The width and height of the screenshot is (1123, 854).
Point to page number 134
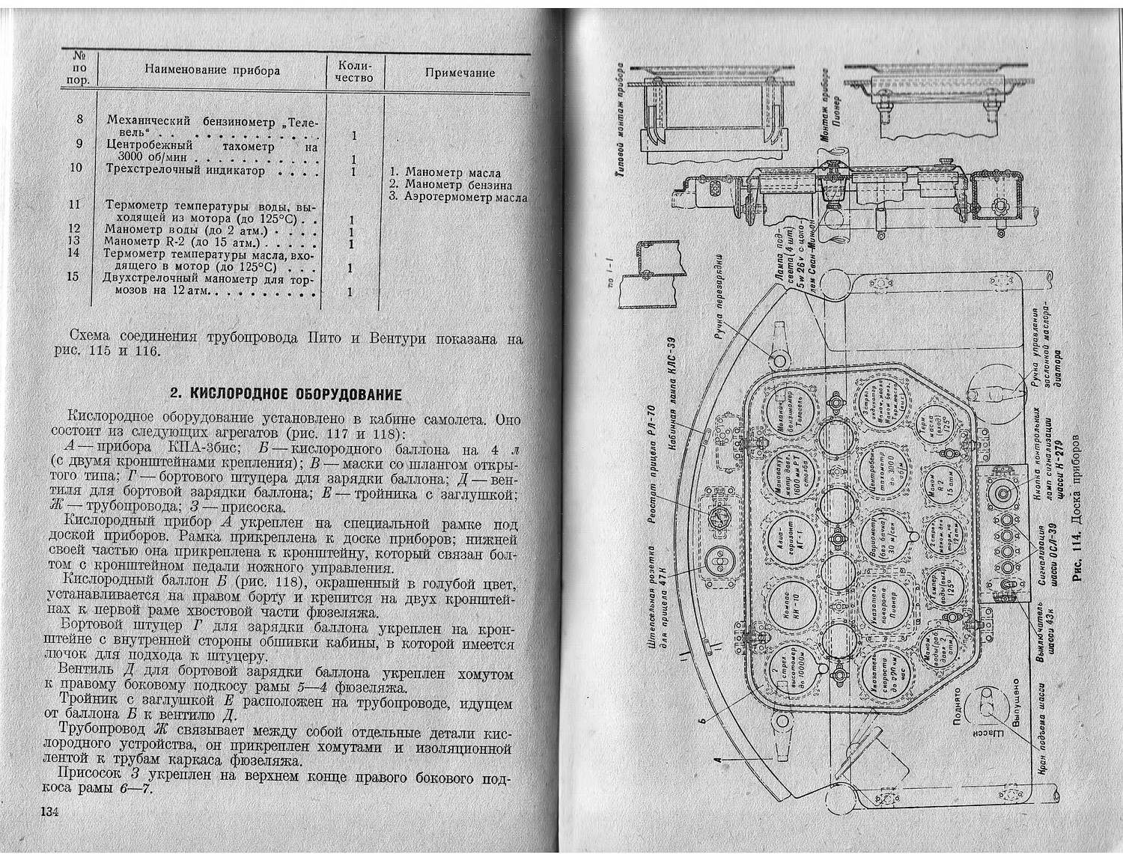pyautogui.click(x=49, y=813)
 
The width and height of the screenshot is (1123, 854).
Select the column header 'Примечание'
pyautogui.click(x=460, y=73)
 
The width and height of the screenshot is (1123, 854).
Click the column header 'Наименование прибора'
pyautogui.click(x=213, y=70)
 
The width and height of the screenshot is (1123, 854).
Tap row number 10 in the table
pyautogui.click(x=76, y=167)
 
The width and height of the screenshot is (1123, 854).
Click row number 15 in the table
pyautogui.click(x=73, y=276)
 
